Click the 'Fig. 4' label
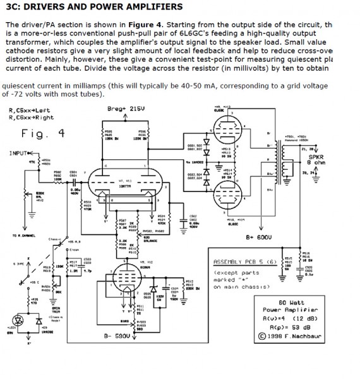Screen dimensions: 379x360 click(43, 133)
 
